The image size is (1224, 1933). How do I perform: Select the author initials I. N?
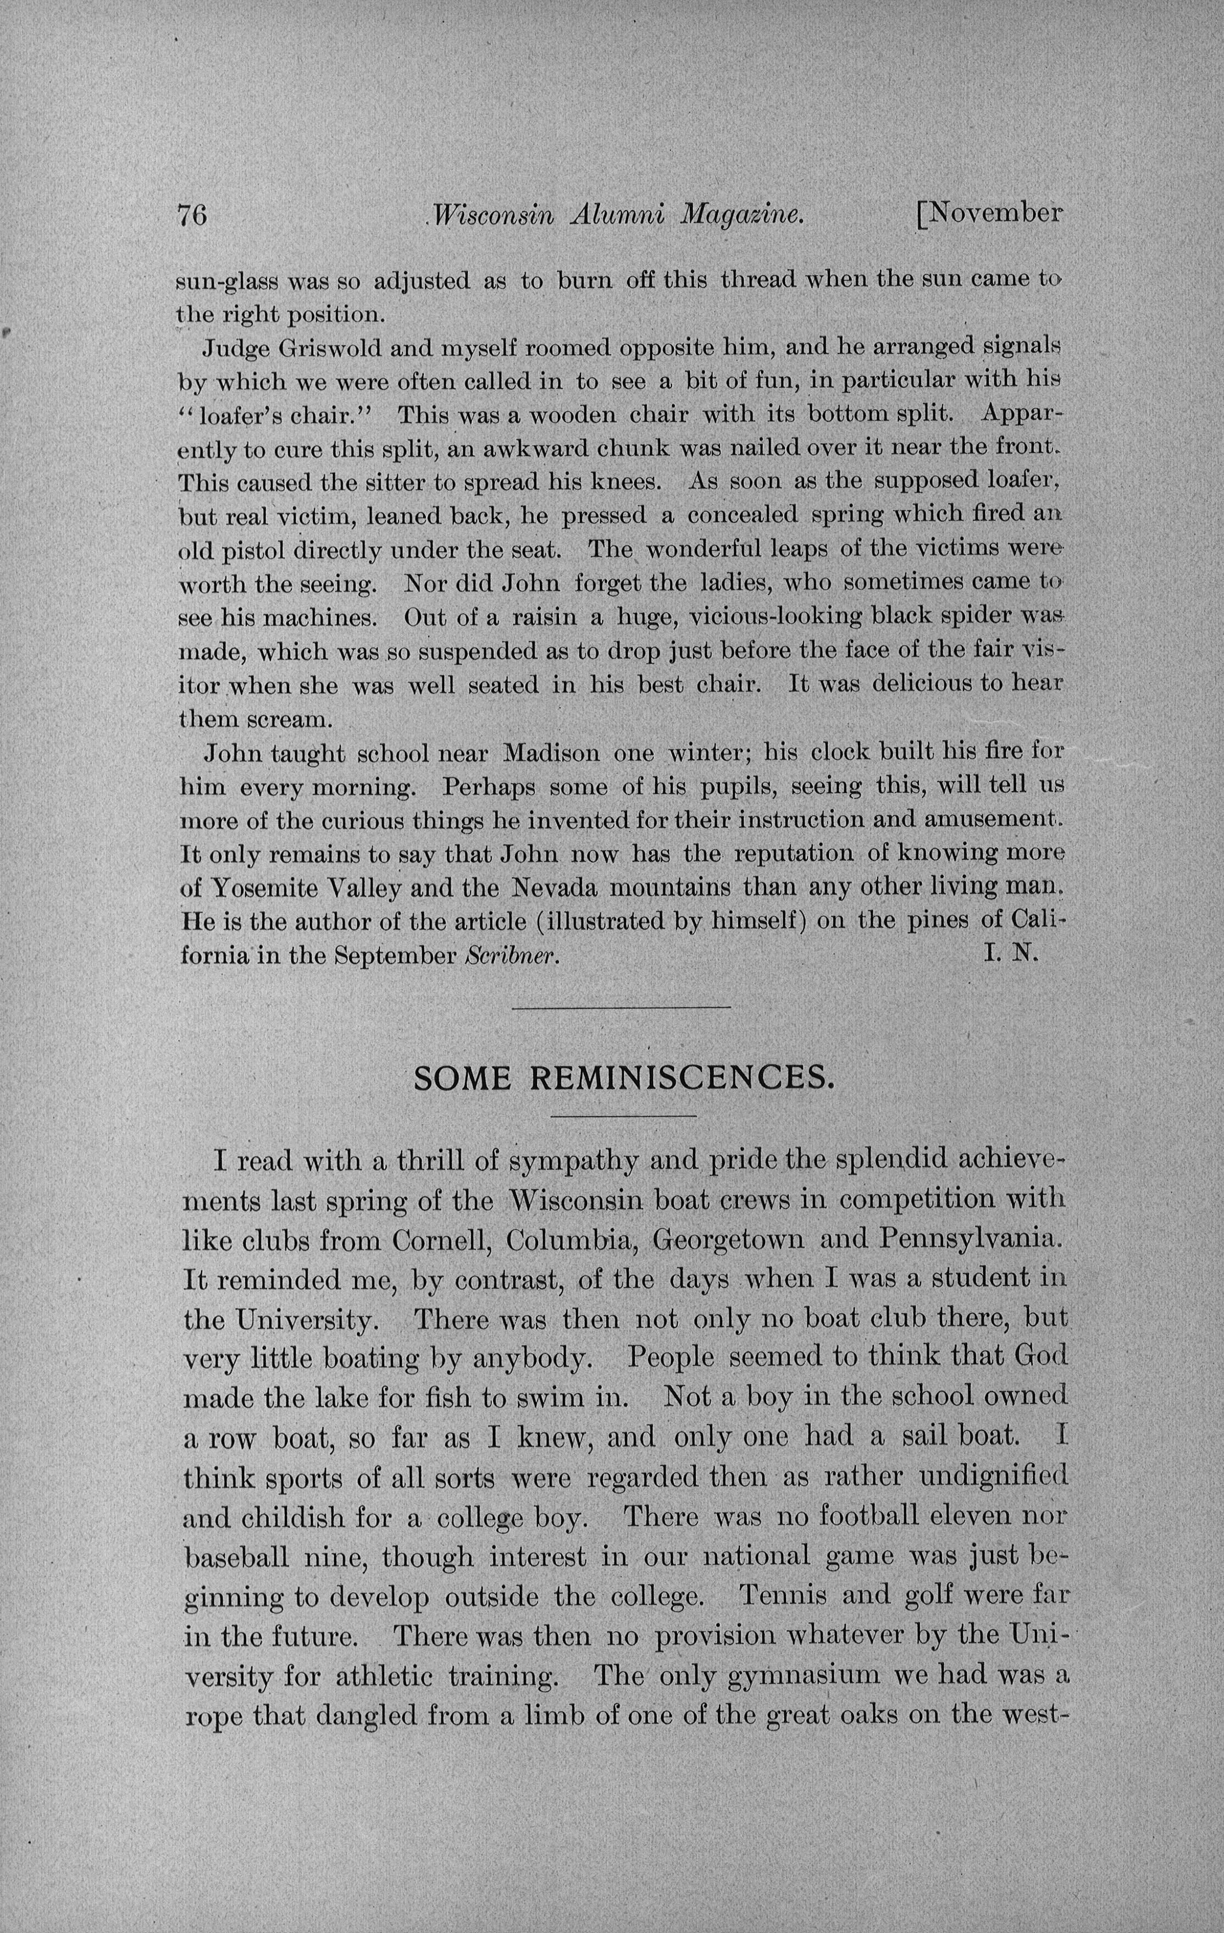[x=1011, y=956]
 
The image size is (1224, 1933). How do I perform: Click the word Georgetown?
[x=729, y=1240]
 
